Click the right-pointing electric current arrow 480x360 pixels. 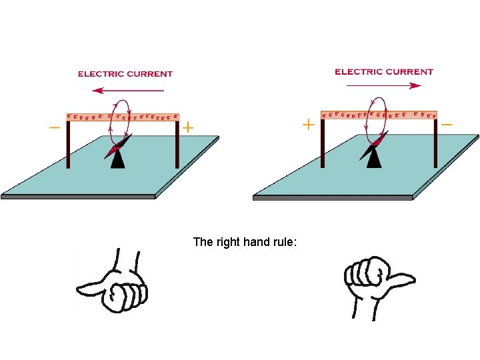coord(384,85)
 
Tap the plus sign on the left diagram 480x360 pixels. coord(189,127)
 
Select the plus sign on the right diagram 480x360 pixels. coord(308,125)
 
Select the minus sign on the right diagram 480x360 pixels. coord(446,124)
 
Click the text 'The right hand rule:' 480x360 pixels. coord(245,241)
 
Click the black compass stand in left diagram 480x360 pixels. coord(118,159)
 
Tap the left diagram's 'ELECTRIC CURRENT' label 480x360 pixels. coord(125,74)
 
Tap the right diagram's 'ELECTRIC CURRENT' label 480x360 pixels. coord(384,71)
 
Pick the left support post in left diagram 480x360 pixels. coord(68,144)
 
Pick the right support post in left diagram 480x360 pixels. coord(177,144)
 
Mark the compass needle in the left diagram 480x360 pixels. coord(119,145)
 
